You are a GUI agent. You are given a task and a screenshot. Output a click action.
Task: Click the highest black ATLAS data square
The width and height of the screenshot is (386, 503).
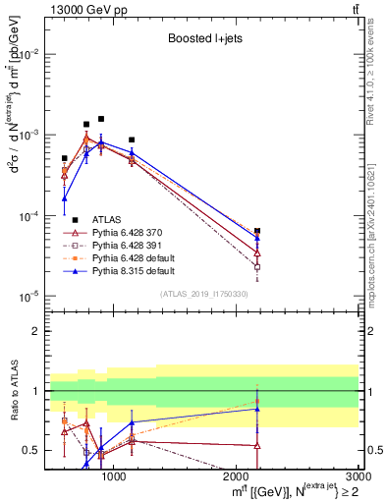coord(101,119)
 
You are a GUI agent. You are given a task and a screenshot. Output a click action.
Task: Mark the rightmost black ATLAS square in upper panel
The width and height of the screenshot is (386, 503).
coord(257,231)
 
